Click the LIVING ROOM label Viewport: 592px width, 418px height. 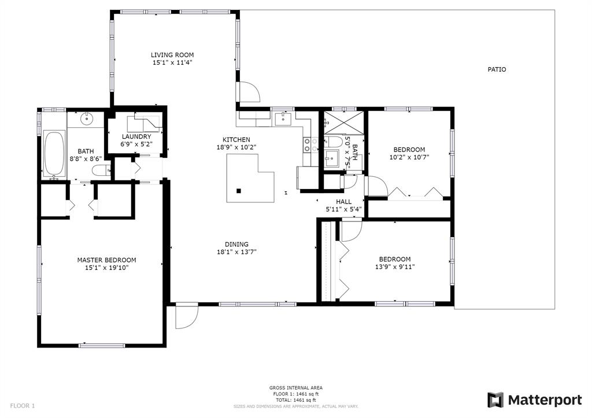(172, 55)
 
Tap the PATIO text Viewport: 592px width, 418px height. (497, 69)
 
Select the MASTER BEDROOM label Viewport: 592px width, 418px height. (106, 260)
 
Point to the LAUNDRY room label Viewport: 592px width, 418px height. (136, 136)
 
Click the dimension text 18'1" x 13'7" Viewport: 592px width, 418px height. (236, 252)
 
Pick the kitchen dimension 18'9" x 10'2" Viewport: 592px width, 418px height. (236, 147)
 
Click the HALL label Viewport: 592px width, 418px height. (343, 202)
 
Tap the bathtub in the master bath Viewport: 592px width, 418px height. (54, 153)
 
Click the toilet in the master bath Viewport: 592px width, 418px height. (101, 171)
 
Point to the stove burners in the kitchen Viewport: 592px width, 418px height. (308, 145)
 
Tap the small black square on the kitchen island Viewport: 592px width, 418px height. (239, 191)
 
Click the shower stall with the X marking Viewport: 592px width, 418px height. (344, 123)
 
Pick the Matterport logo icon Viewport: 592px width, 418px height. (495, 400)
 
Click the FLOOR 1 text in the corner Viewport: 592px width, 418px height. (23, 406)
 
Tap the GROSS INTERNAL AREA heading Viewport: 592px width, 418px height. (295, 388)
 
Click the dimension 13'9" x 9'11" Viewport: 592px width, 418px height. (394, 267)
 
